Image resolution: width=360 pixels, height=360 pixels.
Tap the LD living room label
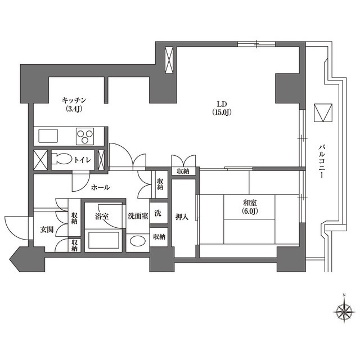coord(222,103)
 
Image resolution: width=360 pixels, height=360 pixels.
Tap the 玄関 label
coord(47,229)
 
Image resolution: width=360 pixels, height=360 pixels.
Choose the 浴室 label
coord(102,215)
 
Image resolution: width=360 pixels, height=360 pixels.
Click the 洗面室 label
coord(137,215)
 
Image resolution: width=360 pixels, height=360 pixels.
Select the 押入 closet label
coord(182,216)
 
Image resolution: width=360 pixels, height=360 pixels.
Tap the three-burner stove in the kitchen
coord(85,136)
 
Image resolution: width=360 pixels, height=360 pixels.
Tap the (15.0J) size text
coord(223,112)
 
